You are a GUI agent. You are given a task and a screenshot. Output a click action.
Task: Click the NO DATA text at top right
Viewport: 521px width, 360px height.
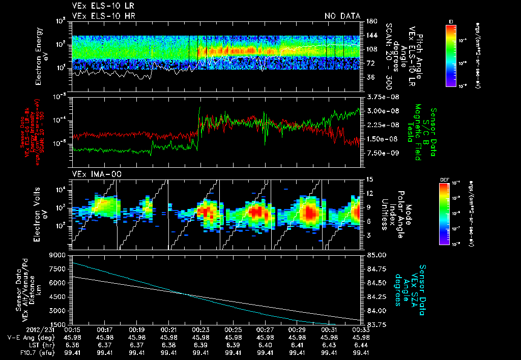342,16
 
